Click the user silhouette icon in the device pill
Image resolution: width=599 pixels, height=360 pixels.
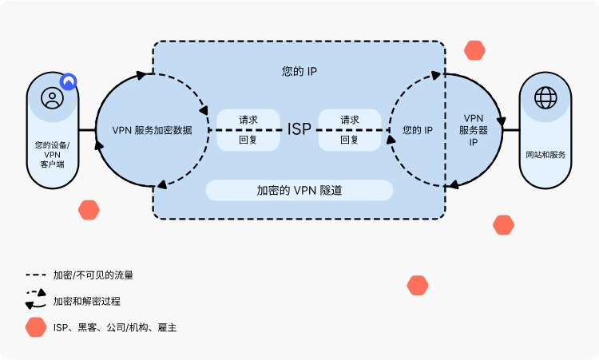52,97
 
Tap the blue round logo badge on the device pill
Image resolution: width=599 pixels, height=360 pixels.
69,81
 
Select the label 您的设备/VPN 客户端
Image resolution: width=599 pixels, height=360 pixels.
52,153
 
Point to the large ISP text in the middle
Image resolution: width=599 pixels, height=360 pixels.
299,129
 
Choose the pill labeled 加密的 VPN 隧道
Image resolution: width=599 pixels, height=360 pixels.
299,191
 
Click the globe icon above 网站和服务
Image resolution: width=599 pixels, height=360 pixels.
546,97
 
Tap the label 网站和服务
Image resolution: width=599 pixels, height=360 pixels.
546,154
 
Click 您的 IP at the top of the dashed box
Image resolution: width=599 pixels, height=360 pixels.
299,71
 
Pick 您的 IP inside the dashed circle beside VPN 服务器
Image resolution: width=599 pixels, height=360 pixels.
418,129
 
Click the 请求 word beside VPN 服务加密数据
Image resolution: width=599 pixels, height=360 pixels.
248,120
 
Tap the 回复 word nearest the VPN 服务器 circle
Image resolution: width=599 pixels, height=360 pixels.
350,140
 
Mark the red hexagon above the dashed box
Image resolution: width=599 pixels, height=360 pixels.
475,50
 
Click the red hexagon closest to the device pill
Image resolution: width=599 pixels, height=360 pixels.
89,211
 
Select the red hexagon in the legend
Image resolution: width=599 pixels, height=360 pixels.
35,327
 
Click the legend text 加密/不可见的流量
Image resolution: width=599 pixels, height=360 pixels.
93,275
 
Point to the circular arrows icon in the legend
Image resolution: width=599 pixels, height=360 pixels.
35,300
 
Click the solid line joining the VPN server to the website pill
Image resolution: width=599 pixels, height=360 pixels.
511,129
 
